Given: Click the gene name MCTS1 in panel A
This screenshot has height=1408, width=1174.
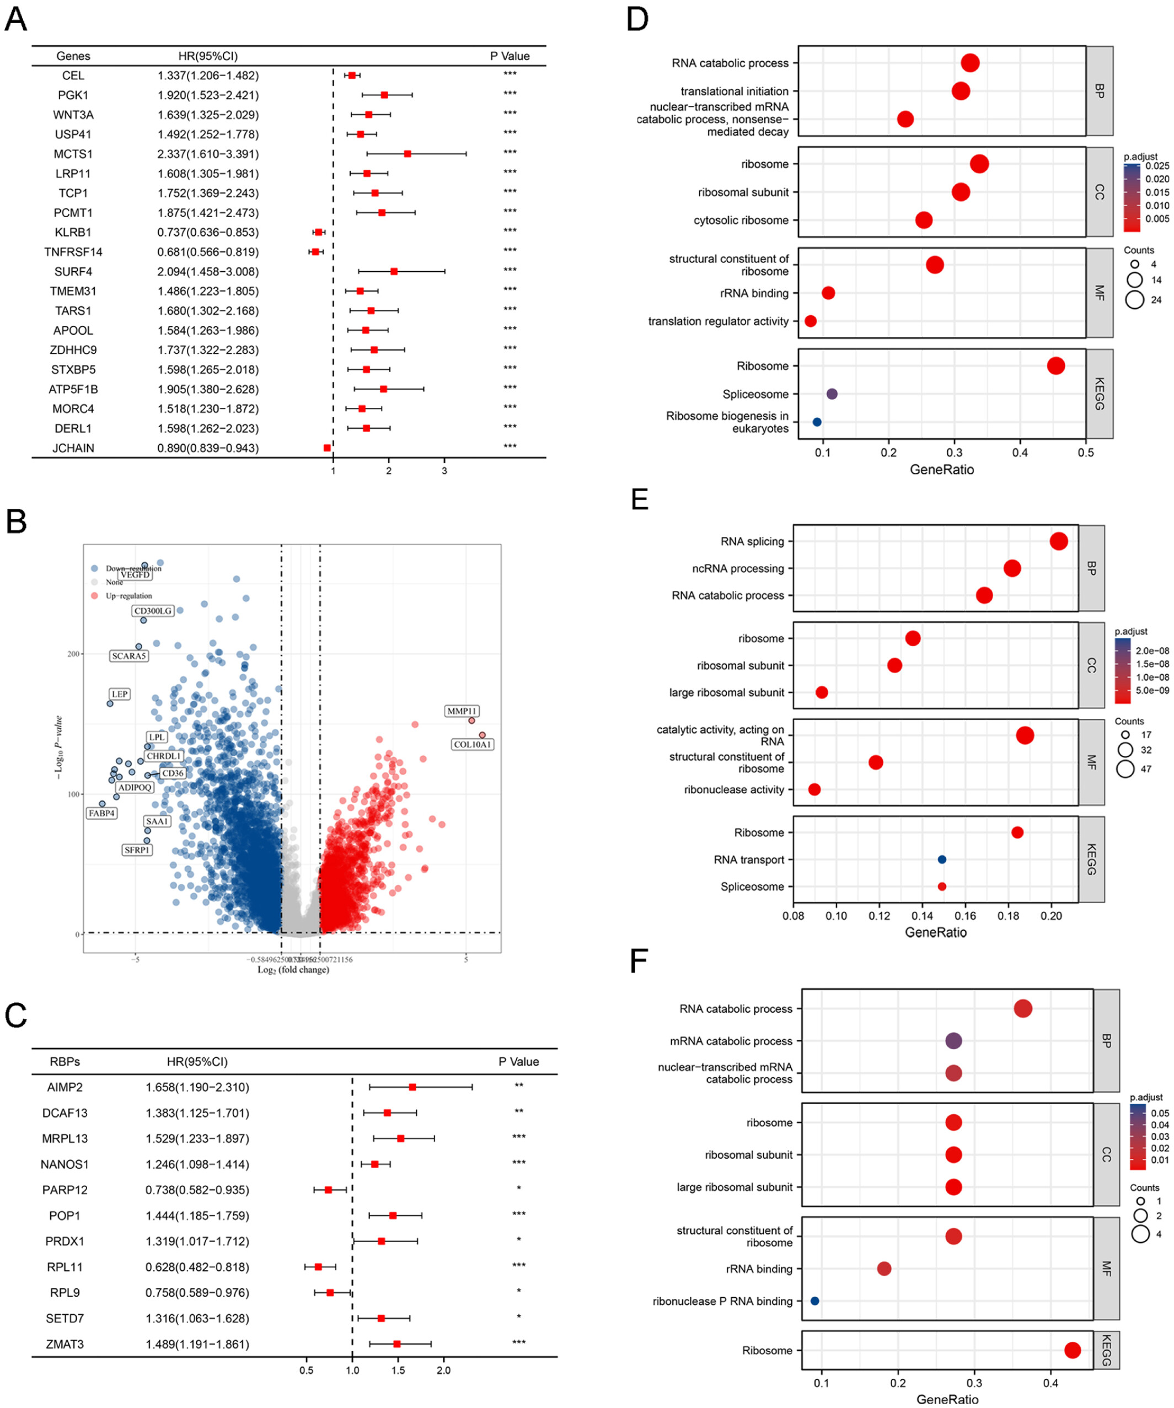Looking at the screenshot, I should click(73, 154).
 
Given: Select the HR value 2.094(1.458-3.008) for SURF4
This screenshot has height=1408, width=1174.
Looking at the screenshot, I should click(208, 272).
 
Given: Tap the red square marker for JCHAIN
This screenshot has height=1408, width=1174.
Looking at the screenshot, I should click(327, 448).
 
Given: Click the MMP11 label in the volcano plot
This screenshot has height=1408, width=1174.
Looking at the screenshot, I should click(462, 711).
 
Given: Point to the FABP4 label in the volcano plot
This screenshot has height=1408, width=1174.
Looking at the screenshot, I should click(102, 813).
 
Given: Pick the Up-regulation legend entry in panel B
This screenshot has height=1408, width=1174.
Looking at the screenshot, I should click(128, 595).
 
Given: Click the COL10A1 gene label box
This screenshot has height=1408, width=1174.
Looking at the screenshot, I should click(473, 744).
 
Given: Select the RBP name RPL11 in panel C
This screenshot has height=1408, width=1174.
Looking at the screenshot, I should click(65, 1266).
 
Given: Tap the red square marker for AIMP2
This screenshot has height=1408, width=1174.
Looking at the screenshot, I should click(412, 1087).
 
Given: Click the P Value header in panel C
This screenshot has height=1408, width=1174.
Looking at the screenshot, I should click(518, 1061).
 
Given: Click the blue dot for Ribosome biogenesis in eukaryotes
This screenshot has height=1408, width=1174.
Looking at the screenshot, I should click(817, 422).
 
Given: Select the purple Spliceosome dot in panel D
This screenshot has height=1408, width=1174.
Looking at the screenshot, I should click(832, 394).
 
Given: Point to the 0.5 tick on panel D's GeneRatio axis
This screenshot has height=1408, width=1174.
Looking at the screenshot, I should click(1086, 453).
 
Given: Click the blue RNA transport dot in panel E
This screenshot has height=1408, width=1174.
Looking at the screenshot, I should click(942, 859).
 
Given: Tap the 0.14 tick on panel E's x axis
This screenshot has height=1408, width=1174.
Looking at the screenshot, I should click(923, 916).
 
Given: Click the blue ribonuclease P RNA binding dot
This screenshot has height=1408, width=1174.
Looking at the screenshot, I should click(814, 1300).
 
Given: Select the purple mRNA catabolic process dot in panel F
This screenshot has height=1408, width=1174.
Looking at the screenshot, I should click(953, 1041).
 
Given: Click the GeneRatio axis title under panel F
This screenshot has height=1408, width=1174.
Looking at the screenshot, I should click(947, 1399).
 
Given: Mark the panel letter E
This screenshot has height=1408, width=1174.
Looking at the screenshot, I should click(640, 499).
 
